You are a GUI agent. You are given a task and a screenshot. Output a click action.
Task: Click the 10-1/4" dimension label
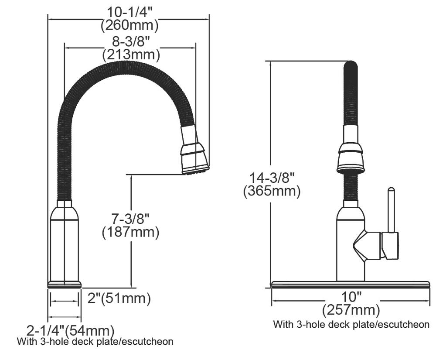130,12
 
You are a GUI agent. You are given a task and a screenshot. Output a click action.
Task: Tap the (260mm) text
129,25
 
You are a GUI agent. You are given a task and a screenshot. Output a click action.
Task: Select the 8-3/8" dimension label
131,42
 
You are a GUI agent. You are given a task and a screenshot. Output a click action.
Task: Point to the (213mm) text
131,55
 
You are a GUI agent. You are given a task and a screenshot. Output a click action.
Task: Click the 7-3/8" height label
130,219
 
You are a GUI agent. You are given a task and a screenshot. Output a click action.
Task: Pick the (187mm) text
131,232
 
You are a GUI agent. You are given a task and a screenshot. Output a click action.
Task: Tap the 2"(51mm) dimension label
119,298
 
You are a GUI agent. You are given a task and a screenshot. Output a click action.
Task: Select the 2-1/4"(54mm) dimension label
70,330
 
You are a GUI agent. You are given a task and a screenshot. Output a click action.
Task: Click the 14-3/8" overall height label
272,178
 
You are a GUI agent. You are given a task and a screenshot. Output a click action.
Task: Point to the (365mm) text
272,191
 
